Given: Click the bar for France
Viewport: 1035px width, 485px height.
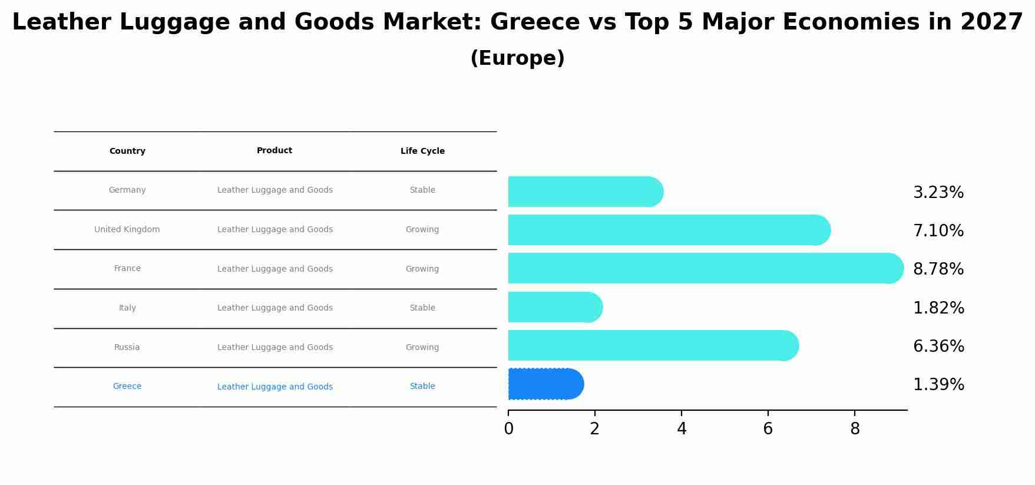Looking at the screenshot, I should [705, 268].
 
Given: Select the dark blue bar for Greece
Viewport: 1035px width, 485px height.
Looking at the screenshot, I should [545, 384].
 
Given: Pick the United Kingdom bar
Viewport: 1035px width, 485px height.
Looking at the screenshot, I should [669, 230].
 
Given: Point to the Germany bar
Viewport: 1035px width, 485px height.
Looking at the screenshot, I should [585, 192].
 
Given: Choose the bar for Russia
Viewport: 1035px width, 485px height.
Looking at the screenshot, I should [653, 345].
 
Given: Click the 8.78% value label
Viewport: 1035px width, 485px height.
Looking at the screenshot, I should [938, 269].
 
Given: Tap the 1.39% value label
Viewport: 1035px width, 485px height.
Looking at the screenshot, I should [938, 385].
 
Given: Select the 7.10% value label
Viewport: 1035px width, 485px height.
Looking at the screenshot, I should [938, 231].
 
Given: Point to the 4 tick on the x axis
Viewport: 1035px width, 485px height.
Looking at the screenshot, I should [682, 429].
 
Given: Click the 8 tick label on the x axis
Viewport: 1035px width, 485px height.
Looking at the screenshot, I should [855, 429].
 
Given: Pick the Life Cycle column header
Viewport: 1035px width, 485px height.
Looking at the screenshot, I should [422, 151].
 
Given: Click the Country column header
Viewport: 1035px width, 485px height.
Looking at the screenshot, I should [127, 151].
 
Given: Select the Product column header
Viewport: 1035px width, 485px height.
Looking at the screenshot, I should [275, 151].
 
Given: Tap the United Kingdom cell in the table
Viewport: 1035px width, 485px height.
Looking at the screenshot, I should [127, 229].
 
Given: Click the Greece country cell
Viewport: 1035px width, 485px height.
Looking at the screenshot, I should [127, 387].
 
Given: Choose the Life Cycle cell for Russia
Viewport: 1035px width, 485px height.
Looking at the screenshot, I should [422, 347].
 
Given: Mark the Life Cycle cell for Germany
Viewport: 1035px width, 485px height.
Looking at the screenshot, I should [422, 190].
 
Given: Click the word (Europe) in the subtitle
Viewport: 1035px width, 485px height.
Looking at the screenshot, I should [517, 58].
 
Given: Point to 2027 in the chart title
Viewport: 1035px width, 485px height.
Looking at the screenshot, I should [991, 22].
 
